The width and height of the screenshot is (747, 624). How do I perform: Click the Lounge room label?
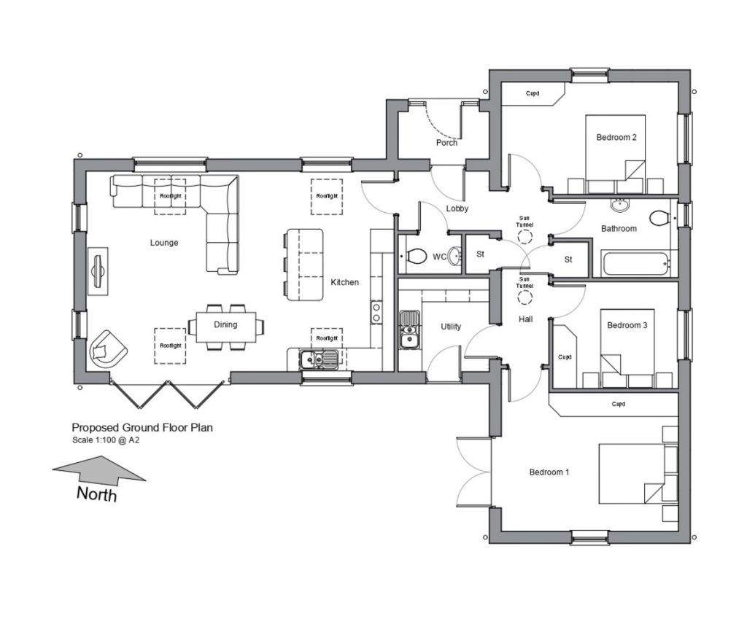click(164, 243)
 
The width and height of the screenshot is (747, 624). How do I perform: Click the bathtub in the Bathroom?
click(635, 265)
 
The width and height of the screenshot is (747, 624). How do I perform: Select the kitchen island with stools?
click(303, 265)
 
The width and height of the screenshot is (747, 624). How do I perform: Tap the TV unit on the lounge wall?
click(98, 271)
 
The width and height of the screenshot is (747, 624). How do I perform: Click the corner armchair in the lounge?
click(108, 349)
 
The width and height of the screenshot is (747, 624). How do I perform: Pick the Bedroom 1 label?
click(549, 472)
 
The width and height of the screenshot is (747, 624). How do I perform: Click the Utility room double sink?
click(410, 329)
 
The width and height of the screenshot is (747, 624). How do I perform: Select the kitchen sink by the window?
click(319, 359)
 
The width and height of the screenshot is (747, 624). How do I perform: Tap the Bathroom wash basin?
click(620, 205)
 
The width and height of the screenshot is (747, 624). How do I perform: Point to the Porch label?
click(446, 143)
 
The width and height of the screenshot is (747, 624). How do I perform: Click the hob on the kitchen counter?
click(376, 313)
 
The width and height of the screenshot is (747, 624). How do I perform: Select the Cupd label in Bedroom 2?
click(533, 93)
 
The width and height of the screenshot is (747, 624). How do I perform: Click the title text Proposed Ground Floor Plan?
click(142, 427)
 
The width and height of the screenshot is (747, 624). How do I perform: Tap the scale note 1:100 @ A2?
click(106, 440)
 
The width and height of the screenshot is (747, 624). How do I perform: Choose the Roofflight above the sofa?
click(170, 196)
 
